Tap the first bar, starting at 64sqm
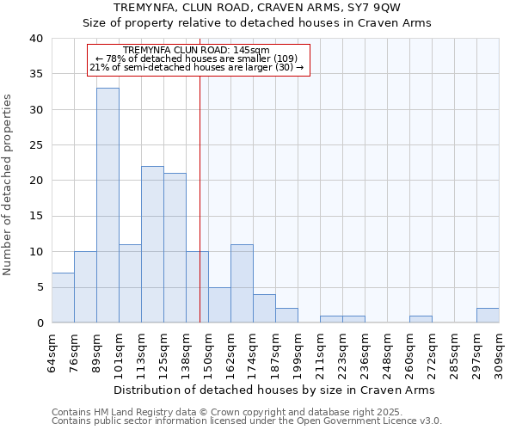(x=63, y=298)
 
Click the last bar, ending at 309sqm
(x=488, y=316)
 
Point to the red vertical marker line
(x=200, y=215)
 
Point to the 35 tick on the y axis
(x=36, y=74)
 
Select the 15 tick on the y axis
(x=36, y=216)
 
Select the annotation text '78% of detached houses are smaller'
(x=198, y=58)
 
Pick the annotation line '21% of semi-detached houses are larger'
(x=197, y=67)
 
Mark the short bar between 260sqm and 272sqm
(x=421, y=319)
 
